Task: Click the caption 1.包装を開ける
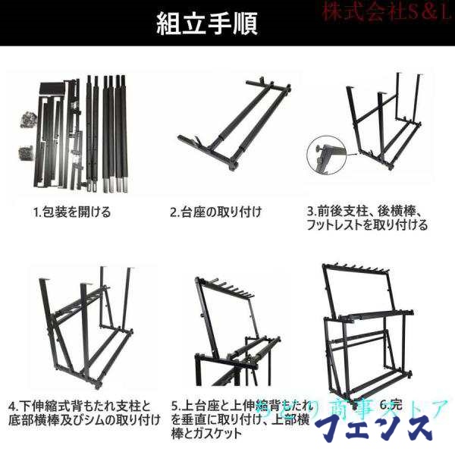(72, 212)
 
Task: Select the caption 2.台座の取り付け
(214, 212)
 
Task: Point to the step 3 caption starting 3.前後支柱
(366, 212)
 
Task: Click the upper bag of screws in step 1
(27, 121)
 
